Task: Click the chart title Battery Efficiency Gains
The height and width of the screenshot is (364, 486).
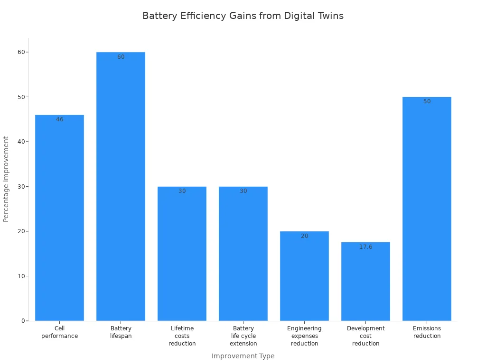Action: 243,16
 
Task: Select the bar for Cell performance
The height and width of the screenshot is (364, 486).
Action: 59,218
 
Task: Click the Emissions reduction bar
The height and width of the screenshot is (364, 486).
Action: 427,209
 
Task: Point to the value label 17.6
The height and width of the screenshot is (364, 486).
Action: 365,247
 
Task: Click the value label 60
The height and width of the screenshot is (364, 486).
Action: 121,57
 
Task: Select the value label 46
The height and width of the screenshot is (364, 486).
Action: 59,119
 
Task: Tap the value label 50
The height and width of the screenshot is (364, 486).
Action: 427,101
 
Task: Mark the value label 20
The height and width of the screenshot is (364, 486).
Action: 304,236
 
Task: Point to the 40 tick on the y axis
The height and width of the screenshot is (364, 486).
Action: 21,142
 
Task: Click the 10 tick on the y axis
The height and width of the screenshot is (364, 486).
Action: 21,276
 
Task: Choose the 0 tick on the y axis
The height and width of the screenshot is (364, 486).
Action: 23,321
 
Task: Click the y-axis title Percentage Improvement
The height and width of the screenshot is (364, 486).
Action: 6,179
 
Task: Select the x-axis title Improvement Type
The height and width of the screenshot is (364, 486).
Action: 243,356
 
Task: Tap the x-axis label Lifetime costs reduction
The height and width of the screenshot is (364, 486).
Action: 182,336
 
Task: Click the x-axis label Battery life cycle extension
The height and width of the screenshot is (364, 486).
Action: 243,336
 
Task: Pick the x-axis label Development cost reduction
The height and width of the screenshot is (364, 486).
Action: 365,336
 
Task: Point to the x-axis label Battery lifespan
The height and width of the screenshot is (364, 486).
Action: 121,332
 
